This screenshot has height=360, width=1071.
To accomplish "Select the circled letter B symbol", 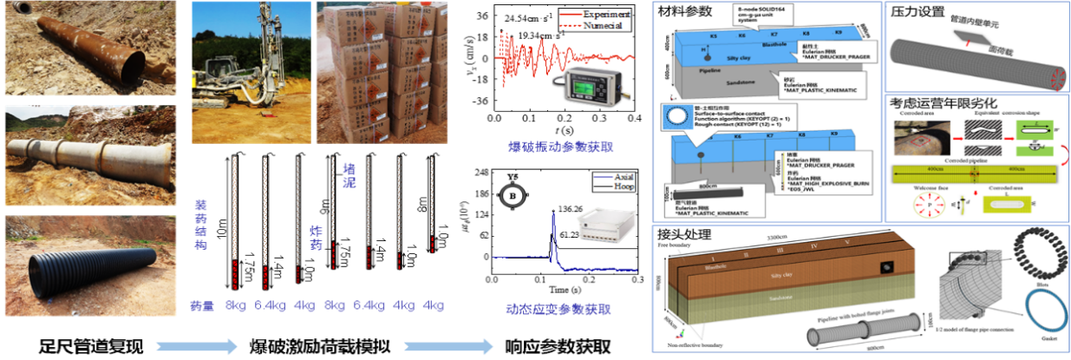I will tap(514, 196).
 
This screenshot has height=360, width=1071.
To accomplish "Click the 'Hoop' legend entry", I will tap(623, 188).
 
